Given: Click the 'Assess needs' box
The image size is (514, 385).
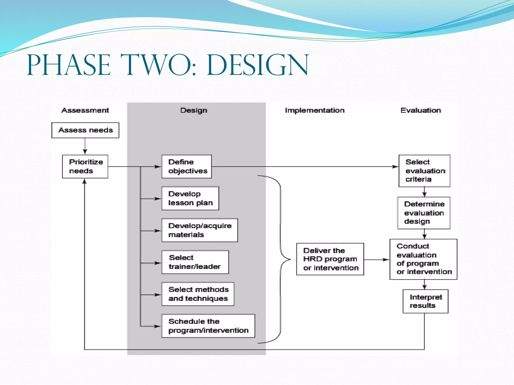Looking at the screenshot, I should [x=85, y=130].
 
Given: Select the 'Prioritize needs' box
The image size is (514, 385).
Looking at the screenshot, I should [x=85, y=166].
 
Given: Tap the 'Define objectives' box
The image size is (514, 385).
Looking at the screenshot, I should [x=187, y=166].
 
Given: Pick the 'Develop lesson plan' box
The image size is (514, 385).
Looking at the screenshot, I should [x=190, y=198].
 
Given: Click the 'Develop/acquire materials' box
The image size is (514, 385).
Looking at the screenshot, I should [x=200, y=230].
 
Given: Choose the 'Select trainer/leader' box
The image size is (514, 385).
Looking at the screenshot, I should [x=195, y=262].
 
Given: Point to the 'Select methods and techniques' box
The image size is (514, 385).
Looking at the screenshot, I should [x=198, y=294].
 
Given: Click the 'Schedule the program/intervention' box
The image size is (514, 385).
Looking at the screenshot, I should [x=208, y=326].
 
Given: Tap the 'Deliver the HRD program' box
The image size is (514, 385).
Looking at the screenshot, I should [x=330, y=259].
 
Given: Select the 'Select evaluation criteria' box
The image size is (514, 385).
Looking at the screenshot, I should [x=425, y=171].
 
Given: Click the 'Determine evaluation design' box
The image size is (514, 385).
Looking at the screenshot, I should [x=424, y=213].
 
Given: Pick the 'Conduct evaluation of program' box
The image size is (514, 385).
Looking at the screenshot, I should [x=423, y=259].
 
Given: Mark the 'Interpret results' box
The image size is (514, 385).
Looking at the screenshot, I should [x=425, y=301].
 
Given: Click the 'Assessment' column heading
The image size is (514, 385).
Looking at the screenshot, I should [x=85, y=110].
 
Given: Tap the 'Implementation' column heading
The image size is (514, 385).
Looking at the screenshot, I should [x=315, y=110].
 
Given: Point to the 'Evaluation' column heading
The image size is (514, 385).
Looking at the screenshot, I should [x=421, y=110].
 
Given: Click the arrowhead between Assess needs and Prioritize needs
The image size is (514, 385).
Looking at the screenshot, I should [x=85, y=151].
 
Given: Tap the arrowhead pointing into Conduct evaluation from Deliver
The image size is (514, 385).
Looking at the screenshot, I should [x=386, y=260].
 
